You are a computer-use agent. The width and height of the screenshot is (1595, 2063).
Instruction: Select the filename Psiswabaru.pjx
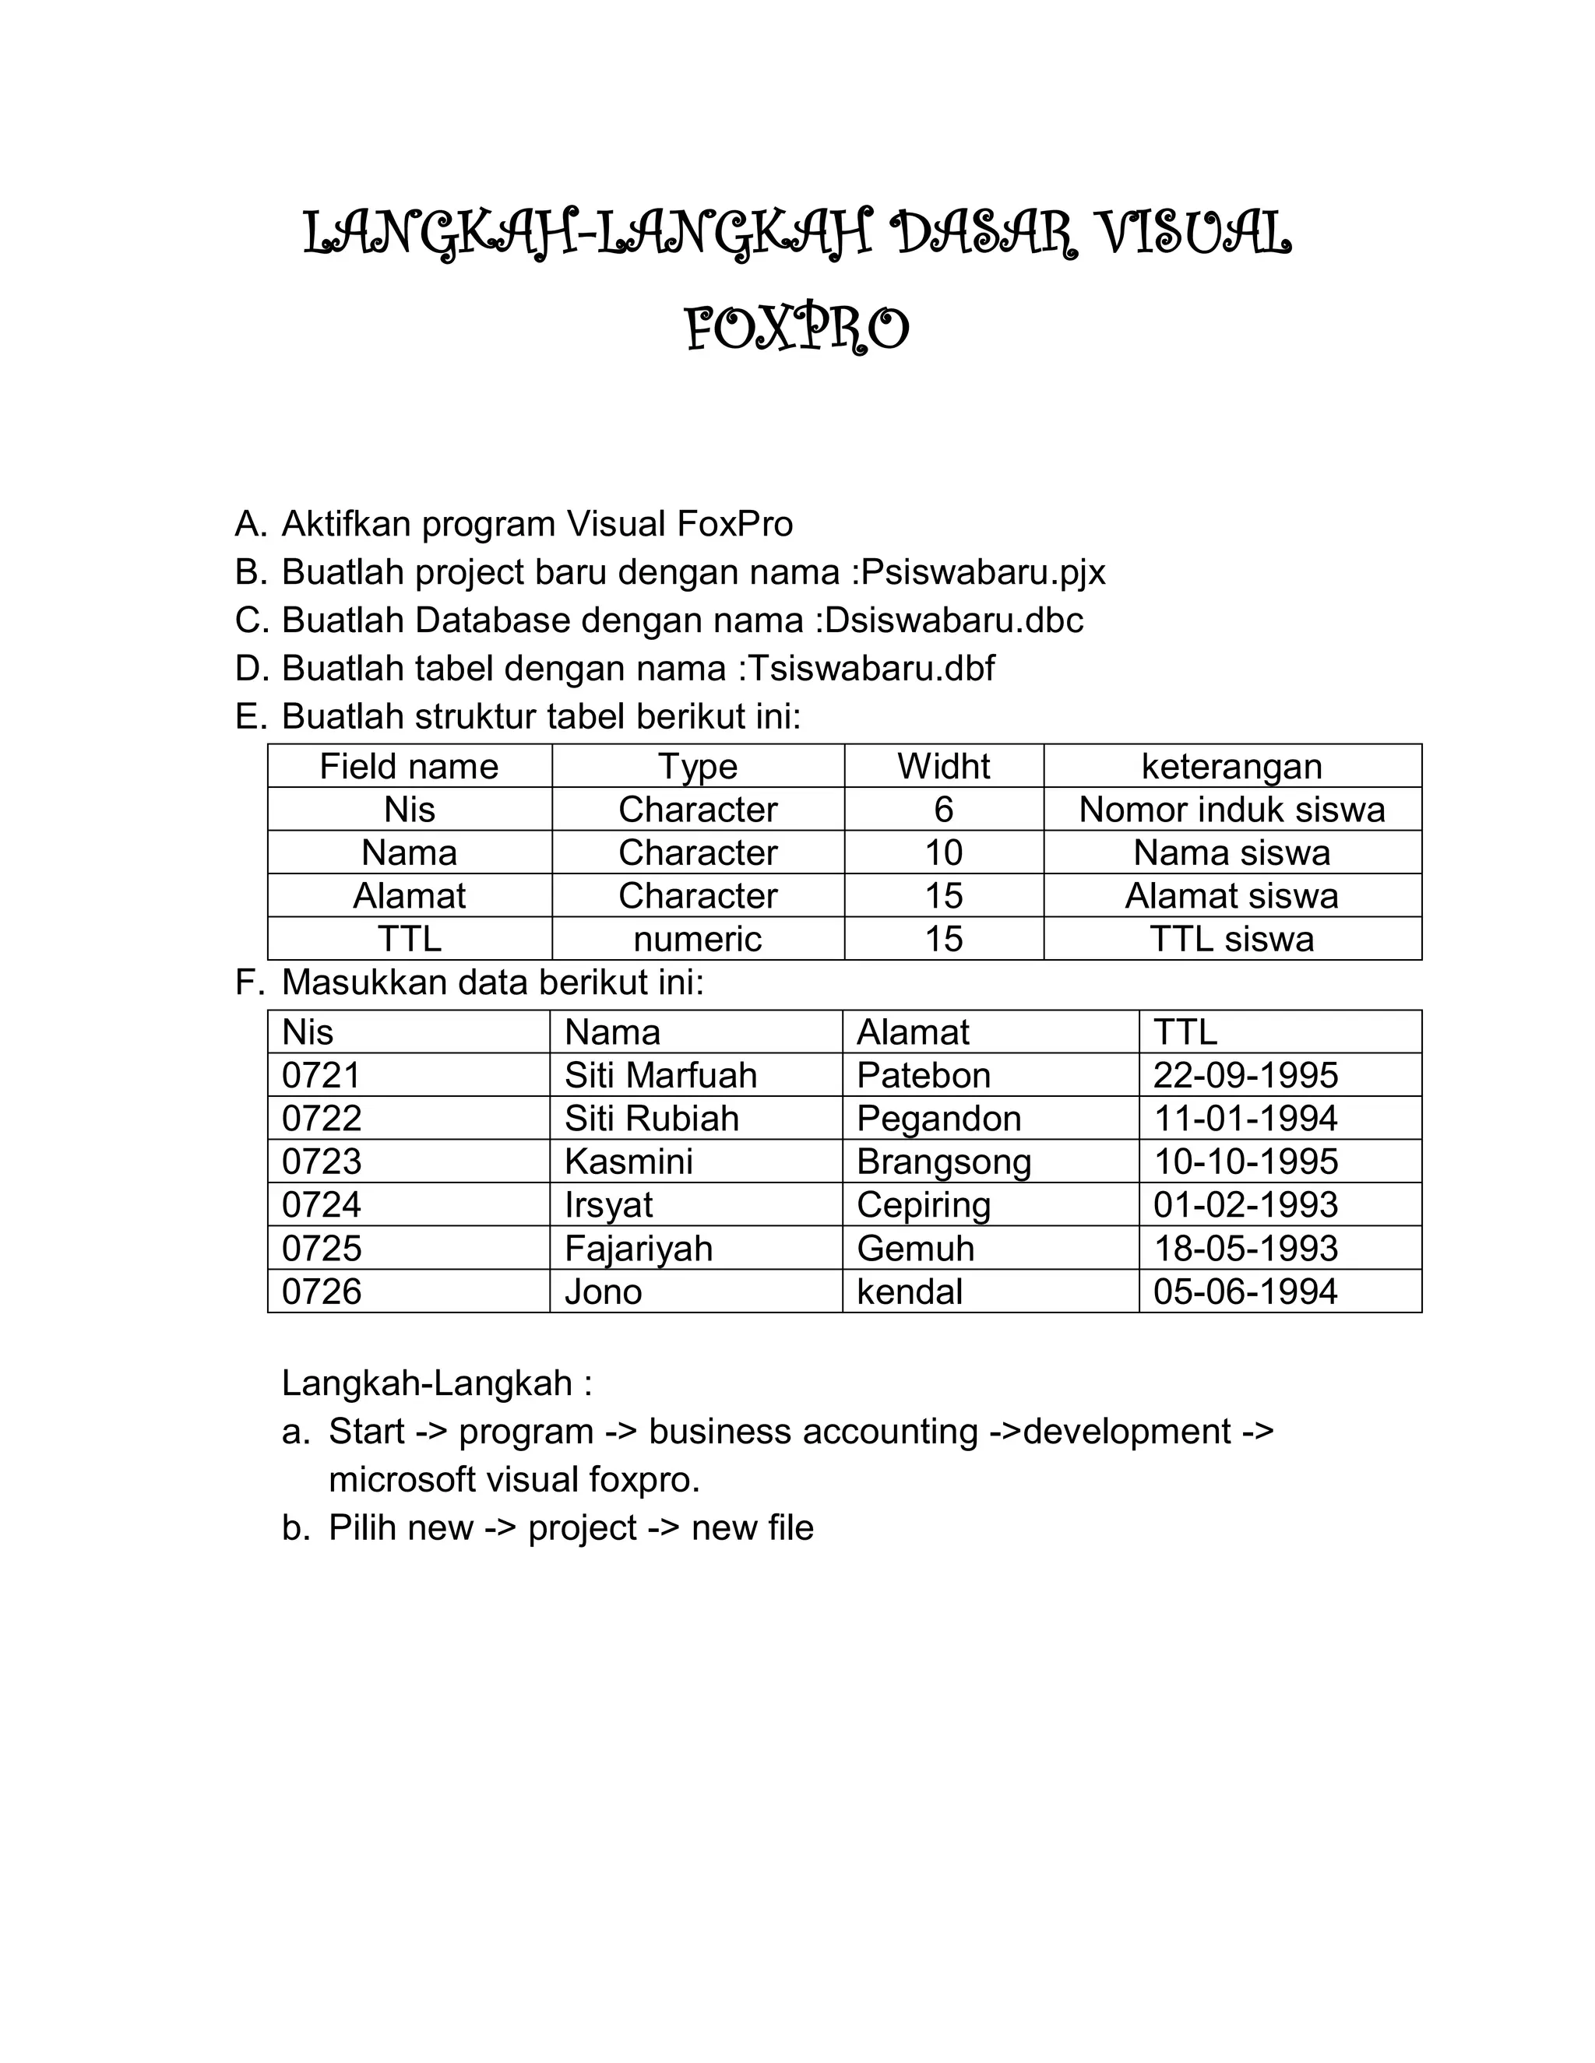pyautogui.click(x=984, y=572)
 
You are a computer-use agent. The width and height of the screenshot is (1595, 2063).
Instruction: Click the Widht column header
pyautogui.click(x=943, y=766)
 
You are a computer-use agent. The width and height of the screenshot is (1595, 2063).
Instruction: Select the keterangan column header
pyautogui.click(x=1231, y=766)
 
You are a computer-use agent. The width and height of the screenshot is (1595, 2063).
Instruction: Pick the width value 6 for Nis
pyautogui.click(x=943, y=810)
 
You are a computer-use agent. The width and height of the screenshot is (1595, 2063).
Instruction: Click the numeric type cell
pyautogui.click(x=697, y=939)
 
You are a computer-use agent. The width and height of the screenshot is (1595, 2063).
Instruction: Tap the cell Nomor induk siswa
pyautogui.click(x=1231, y=810)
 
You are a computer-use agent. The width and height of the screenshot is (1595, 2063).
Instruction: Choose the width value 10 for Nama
pyautogui.click(x=943, y=853)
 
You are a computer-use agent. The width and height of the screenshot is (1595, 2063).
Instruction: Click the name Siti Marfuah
pyautogui.click(x=660, y=1075)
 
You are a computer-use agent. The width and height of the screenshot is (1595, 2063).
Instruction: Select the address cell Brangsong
pyautogui.click(x=943, y=1162)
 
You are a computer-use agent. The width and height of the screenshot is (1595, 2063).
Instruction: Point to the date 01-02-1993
pyautogui.click(x=1245, y=1205)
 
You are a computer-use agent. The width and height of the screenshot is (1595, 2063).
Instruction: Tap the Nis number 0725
pyautogui.click(x=322, y=1249)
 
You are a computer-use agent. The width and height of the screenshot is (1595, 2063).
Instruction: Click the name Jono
pyautogui.click(x=603, y=1292)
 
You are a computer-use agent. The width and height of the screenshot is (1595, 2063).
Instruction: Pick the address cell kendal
pyautogui.click(x=909, y=1292)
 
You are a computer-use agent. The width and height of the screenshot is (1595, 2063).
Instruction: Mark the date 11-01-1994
pyautogui.click(x=1245, y=1119)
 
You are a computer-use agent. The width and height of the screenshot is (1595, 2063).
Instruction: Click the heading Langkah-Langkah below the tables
pyautogui.click(x=437, y=1383)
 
